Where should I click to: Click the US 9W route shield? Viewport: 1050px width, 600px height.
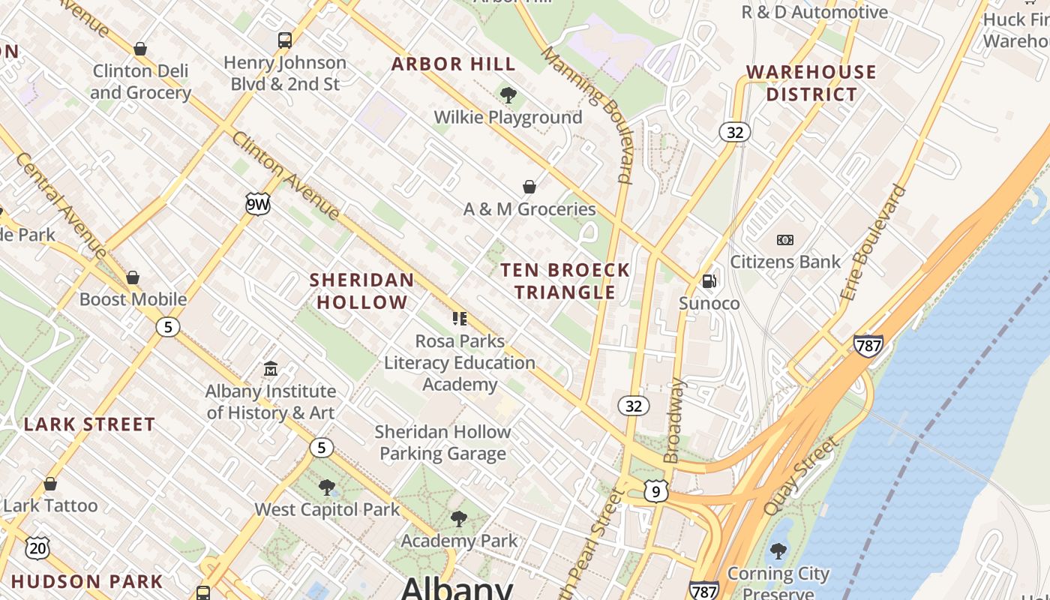pos(257,204)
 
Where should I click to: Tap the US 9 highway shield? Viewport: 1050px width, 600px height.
pos(655,491)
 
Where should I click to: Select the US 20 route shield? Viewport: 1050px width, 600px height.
pos(37,548)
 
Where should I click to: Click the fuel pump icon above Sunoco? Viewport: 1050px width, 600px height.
pos(709,281)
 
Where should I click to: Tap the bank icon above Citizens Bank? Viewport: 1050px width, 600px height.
pos(785,240)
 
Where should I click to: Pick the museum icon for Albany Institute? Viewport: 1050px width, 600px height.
pos(271,369)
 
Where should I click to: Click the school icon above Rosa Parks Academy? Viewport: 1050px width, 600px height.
pos(460,319)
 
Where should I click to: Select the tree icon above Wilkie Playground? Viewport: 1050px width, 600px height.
pos(508,95)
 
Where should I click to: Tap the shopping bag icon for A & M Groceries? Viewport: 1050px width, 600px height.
pos(529,187)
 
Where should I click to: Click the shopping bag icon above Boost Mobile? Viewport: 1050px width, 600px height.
pos(133,277)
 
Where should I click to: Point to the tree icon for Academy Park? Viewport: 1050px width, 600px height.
pos(458,519)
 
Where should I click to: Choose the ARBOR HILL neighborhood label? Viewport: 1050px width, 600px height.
pos(454,64)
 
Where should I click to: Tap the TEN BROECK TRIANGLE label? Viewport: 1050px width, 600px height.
pos(565,280)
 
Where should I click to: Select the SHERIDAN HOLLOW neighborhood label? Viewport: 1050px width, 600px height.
pos(361,291)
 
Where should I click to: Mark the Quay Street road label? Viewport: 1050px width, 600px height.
pos(800,476)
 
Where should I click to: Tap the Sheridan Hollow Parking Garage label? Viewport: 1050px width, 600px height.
pos(442,442)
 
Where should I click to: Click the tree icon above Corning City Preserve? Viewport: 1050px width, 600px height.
pos(778,551)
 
